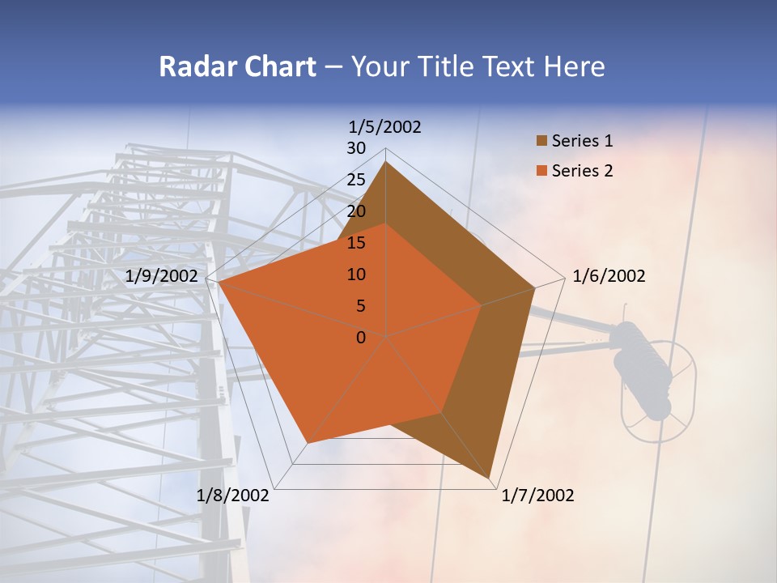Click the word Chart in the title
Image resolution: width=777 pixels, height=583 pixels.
click(x=276, y=67)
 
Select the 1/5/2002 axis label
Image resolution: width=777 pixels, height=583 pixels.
click(x=384, y=127)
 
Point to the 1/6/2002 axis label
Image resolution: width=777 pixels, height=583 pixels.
click(x=609, y=276)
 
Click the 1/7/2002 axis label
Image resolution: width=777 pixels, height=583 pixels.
click(x=537, y=496)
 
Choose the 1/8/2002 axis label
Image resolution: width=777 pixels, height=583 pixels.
click(x=233, y=496)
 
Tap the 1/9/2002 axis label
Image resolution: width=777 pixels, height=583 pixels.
click(x=162, y=276)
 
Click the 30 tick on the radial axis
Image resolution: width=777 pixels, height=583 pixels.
click(x=356, y=148)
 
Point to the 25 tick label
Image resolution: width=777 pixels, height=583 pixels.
click(x=356, y=180)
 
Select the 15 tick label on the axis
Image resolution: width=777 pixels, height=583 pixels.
click(x=356, y=243)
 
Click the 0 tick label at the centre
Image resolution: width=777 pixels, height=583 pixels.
click(x=361, y=338)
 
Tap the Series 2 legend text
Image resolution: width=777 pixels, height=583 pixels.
click(x=582, y=171)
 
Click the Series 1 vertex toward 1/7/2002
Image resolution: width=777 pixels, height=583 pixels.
click(x=490, y=478)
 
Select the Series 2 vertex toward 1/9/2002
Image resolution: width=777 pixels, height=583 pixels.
click(x=219, y=282)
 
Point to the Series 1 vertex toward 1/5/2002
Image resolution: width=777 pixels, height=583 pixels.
click(x=385, y=162)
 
